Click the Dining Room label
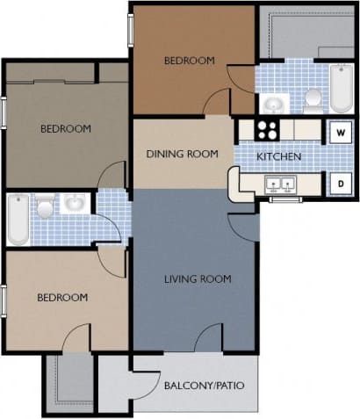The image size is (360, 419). [x=184, y=154]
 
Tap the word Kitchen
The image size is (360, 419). [x=279, y=157]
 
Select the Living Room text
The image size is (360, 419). [x=198, y=279]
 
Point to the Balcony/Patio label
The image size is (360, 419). [x=204, y=385]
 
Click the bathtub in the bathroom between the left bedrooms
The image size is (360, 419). [x=17, y=220]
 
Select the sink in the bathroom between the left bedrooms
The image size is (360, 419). [x=75, y=205]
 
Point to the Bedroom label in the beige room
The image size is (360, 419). [x=62, y=298]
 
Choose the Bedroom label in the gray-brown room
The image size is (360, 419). [x=66, y=128]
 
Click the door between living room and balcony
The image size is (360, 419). [x=209, y=337]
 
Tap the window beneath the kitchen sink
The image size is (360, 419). [x=282, y=199]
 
